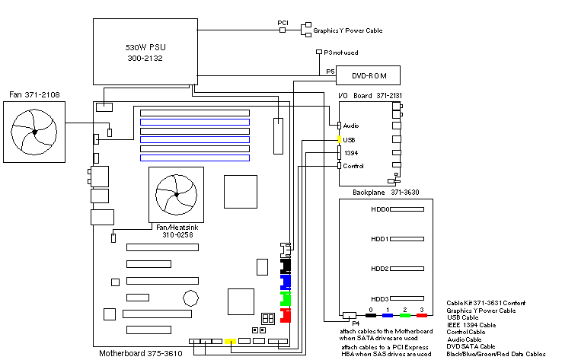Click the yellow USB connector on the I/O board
[340, 140]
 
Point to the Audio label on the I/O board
[351, 125]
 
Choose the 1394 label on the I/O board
[351, 153]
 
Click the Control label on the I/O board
[354, 166]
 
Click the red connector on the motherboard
[286, 316]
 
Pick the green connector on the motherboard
[286, 298]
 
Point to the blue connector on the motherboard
[286, 282]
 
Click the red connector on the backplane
[421, 315]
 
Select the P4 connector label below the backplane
[355, 323]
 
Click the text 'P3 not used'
[340, 53]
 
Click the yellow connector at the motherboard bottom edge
[230, 341]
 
